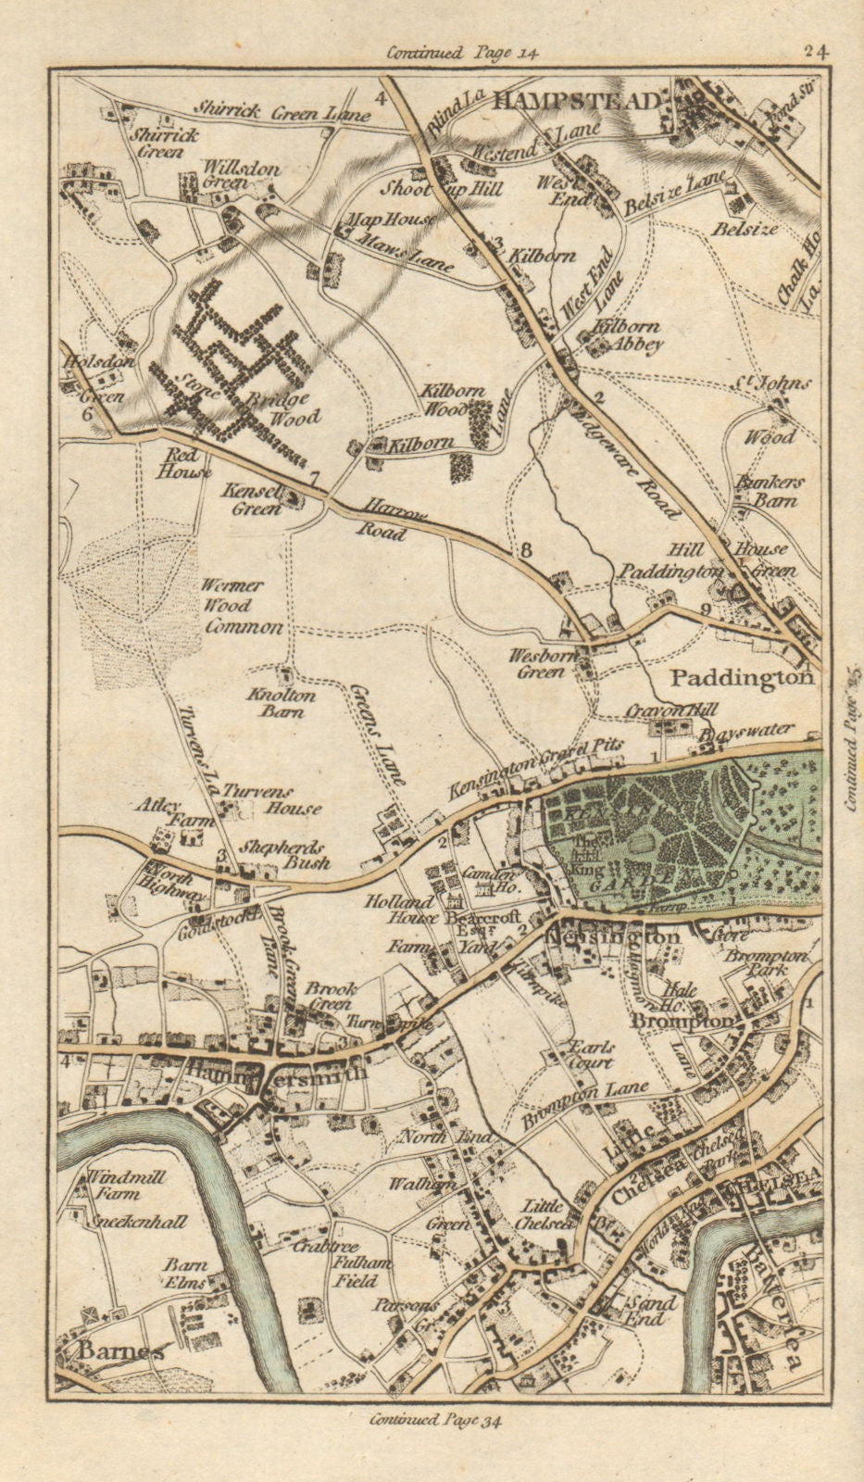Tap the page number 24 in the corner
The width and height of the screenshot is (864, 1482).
click(x=817, y=52)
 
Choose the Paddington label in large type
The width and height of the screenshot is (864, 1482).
click(x=743, y=677)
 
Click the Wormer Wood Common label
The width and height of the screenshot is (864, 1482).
click(x=243, y=607)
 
